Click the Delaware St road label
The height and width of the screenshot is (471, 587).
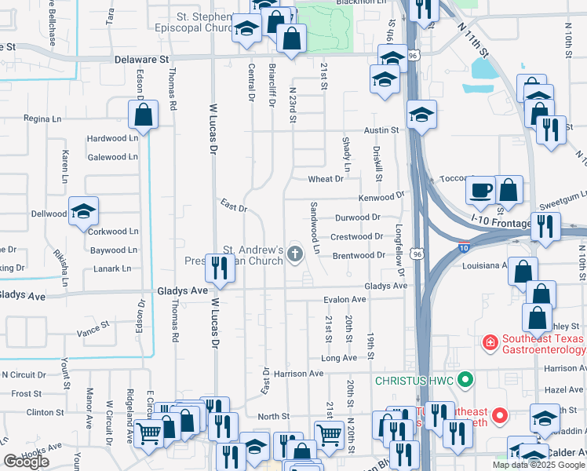(142, 59)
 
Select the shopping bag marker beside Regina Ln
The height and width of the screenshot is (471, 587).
(144, 115)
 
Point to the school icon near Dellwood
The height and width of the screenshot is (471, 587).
(83, 211)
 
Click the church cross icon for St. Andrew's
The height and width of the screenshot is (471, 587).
(295, 253)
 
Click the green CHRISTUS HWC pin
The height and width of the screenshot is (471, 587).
(465, 381)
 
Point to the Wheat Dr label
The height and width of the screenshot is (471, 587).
(326, 179)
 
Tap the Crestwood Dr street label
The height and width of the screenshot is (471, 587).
(356, 236)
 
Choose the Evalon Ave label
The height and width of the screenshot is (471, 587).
(345, 300)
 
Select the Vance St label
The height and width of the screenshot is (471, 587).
(93, 326)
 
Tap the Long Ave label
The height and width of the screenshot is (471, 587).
(339, 358)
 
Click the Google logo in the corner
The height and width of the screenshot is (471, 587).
(26, 462)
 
